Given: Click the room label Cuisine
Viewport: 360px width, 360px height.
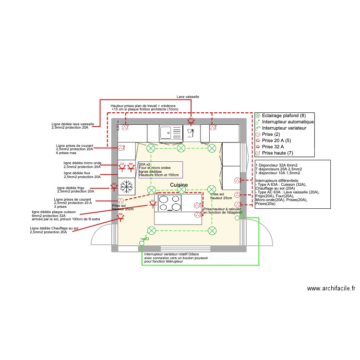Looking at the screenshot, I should [179, 185].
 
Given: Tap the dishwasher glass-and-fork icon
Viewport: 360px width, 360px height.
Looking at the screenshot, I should [191, 131].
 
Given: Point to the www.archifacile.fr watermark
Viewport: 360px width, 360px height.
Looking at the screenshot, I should [331, 288].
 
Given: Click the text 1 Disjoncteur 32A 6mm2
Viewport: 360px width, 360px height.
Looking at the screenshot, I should [278, 166].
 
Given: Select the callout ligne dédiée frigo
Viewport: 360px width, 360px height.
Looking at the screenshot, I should [75, 190].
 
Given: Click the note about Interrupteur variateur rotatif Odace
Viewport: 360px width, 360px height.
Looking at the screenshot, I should [171, 258].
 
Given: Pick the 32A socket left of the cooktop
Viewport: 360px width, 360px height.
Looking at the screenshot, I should [153, 204].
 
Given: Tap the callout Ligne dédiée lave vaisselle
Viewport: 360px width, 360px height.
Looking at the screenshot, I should [73, 126].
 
